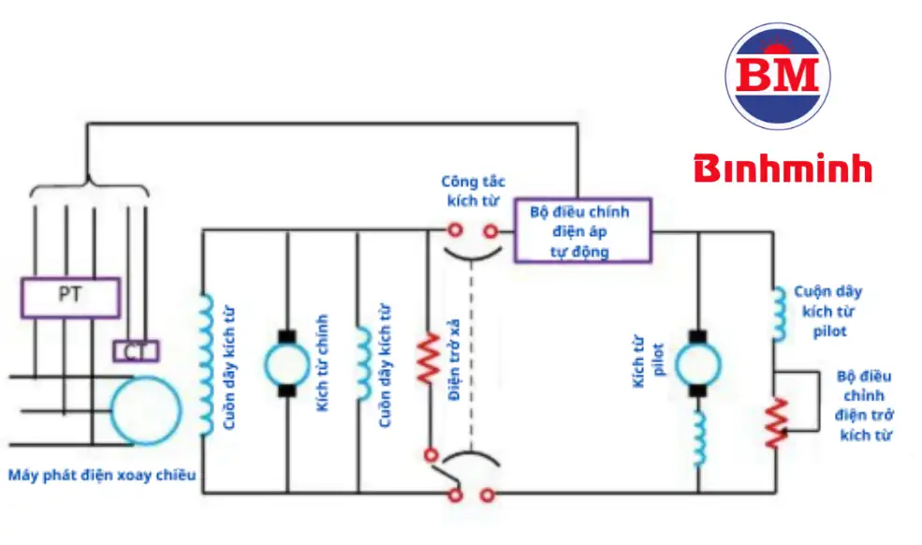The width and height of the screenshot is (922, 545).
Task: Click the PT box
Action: pos(69,296)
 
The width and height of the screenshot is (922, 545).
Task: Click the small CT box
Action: pos(136,351)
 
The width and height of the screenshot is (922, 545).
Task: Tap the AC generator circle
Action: pos(145,409)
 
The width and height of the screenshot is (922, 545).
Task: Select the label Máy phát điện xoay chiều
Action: pos(102,476)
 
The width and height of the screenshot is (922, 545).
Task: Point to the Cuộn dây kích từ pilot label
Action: pos(827,311)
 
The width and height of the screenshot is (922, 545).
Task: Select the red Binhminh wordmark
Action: pos(783,169)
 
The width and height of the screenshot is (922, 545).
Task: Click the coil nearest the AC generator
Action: pos(204,365)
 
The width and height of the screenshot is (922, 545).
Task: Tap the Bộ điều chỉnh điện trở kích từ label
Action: pos(865,405)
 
